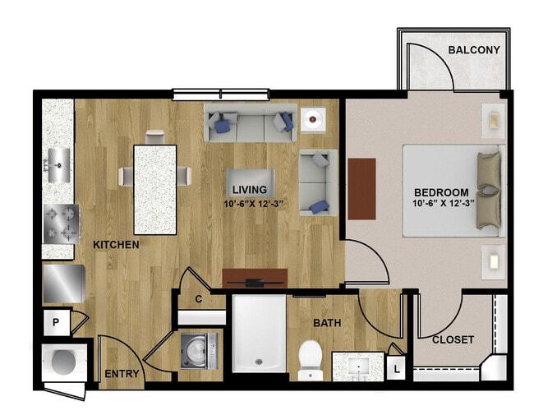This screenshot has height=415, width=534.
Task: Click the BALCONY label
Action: coord(474,50)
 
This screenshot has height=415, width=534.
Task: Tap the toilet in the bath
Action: coord(311,361)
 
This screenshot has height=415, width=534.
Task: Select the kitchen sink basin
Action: coord(59,165)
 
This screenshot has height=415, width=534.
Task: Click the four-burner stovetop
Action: coord(62,224)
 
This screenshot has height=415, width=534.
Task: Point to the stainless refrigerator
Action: coord(64,284)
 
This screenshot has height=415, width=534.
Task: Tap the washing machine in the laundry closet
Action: coord(199,351)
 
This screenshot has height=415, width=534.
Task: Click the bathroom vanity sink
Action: coord(359,367)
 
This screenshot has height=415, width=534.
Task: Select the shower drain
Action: coord(259,362)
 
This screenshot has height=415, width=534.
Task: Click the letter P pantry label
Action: coord(56,322)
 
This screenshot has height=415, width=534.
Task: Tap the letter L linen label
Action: coord(397,369)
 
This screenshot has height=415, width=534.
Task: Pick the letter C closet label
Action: coord(199,299)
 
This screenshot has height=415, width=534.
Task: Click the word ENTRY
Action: coord(122,374)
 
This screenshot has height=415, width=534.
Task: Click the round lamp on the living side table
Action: coord(313,119)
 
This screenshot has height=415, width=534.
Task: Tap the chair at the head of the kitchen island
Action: coord(155,137)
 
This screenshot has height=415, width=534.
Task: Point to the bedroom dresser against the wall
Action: coord(362,189)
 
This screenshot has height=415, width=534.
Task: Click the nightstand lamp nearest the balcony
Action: coord(494,121)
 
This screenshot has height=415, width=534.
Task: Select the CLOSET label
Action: coord(453,339)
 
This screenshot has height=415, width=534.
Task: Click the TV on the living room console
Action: coord(255,283)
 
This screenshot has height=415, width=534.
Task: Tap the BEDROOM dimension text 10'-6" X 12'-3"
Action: coord(444,204)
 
